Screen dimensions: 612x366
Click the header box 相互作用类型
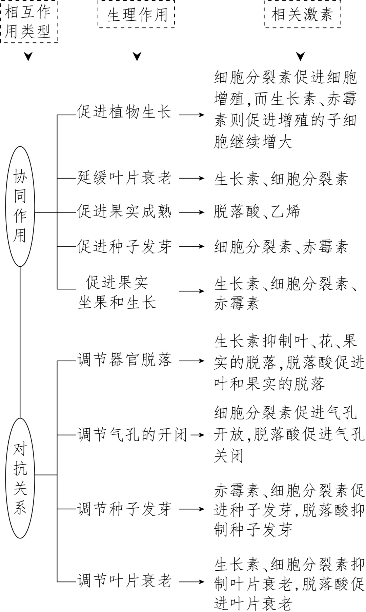coord(28,21)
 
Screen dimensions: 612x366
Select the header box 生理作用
coord(137,15)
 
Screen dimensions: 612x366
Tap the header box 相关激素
coord(302,15)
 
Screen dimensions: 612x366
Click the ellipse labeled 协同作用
coord(20,206)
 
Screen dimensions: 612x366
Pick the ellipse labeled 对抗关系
coord(20,478)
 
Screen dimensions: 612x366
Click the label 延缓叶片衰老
coord(124,178)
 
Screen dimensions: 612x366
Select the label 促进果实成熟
coord(124,212)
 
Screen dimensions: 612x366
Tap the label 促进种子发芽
coord(124,246)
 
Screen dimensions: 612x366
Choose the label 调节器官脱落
coord(124,360)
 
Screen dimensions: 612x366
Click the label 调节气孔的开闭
coord(132,435)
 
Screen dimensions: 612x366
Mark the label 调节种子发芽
coord(124,509)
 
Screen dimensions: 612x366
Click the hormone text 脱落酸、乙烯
coord(257,212)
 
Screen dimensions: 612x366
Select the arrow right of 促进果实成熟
coord(192,212)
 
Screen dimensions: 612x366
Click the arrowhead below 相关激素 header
coord(301,56)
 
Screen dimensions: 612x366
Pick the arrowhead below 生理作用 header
coord(137,56)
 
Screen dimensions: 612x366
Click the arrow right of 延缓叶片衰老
coord(192,179)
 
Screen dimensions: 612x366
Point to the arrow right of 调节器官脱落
coord(192,361)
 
